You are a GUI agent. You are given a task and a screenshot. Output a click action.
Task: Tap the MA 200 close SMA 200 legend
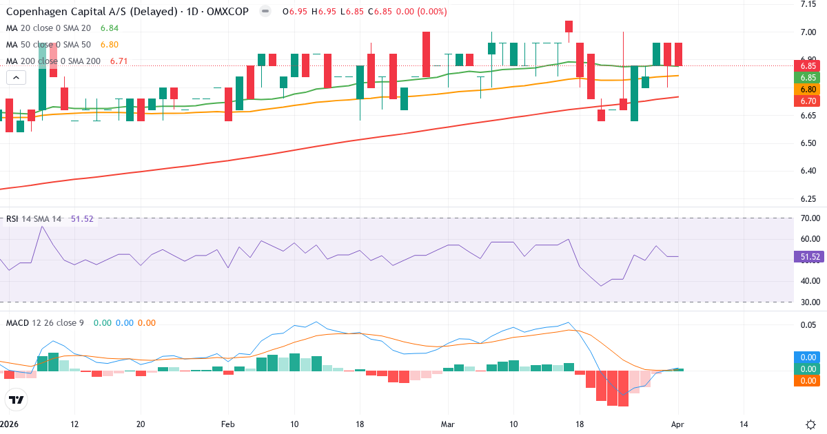coord(53,61)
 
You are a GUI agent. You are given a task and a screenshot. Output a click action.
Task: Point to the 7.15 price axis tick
coord(808,5)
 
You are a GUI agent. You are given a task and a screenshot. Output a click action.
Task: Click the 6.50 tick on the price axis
coord(808,143)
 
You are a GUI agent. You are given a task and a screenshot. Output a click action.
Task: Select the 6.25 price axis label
coord(808,199)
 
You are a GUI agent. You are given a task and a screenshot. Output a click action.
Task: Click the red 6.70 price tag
coord(808,101)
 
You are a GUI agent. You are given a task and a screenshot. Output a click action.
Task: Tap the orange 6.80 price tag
coord(808,89)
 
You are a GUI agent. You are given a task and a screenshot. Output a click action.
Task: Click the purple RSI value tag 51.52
coord(810,257)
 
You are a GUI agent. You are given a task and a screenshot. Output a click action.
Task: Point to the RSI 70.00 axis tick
coord(810,218)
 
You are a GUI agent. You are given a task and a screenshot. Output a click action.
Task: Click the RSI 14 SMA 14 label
coord(33,219)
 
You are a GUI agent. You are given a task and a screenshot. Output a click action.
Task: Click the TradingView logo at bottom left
coord(16,400)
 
